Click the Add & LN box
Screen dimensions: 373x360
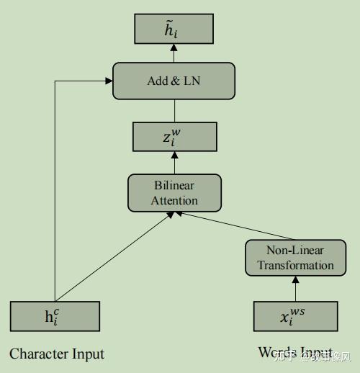(174, 81)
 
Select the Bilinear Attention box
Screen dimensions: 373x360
(174, 193)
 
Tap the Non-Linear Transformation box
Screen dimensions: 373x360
(295, 258)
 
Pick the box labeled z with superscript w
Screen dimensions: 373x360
(174, 136)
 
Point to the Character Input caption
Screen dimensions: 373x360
(57, 354)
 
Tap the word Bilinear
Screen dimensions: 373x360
(174, 186)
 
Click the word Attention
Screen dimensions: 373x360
(174, 200)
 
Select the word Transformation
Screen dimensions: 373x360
(295, 265)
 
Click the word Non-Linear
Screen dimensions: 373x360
(295, 251)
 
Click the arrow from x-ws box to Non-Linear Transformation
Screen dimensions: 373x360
(295, 288)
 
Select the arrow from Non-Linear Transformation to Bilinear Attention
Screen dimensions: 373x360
(230, 226)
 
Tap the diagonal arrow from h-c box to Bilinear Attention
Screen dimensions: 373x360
(115, 256)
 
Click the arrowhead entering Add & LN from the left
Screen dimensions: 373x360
(108, 81)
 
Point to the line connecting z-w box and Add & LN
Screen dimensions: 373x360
(174, 110)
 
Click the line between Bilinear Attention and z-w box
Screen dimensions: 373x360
(174, 163)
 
